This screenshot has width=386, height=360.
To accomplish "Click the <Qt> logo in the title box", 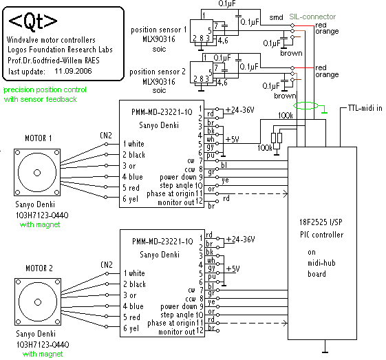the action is click(x=33, y=21).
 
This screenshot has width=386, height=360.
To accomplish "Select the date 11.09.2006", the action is click(x=73, y=71).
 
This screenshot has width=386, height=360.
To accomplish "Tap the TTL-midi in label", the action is click(x=365, y=108).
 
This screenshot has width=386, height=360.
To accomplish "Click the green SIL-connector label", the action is click(x=312, y=17).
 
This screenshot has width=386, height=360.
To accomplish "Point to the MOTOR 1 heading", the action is click(x=39, y=138).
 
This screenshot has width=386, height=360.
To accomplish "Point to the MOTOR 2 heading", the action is click(x=39, y=268).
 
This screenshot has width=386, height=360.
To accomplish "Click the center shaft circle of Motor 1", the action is click(x=37, y=173).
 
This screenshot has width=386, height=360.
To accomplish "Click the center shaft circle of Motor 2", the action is click(x=38, y=302).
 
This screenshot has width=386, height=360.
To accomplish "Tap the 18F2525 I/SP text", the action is click(x=321, y=222).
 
